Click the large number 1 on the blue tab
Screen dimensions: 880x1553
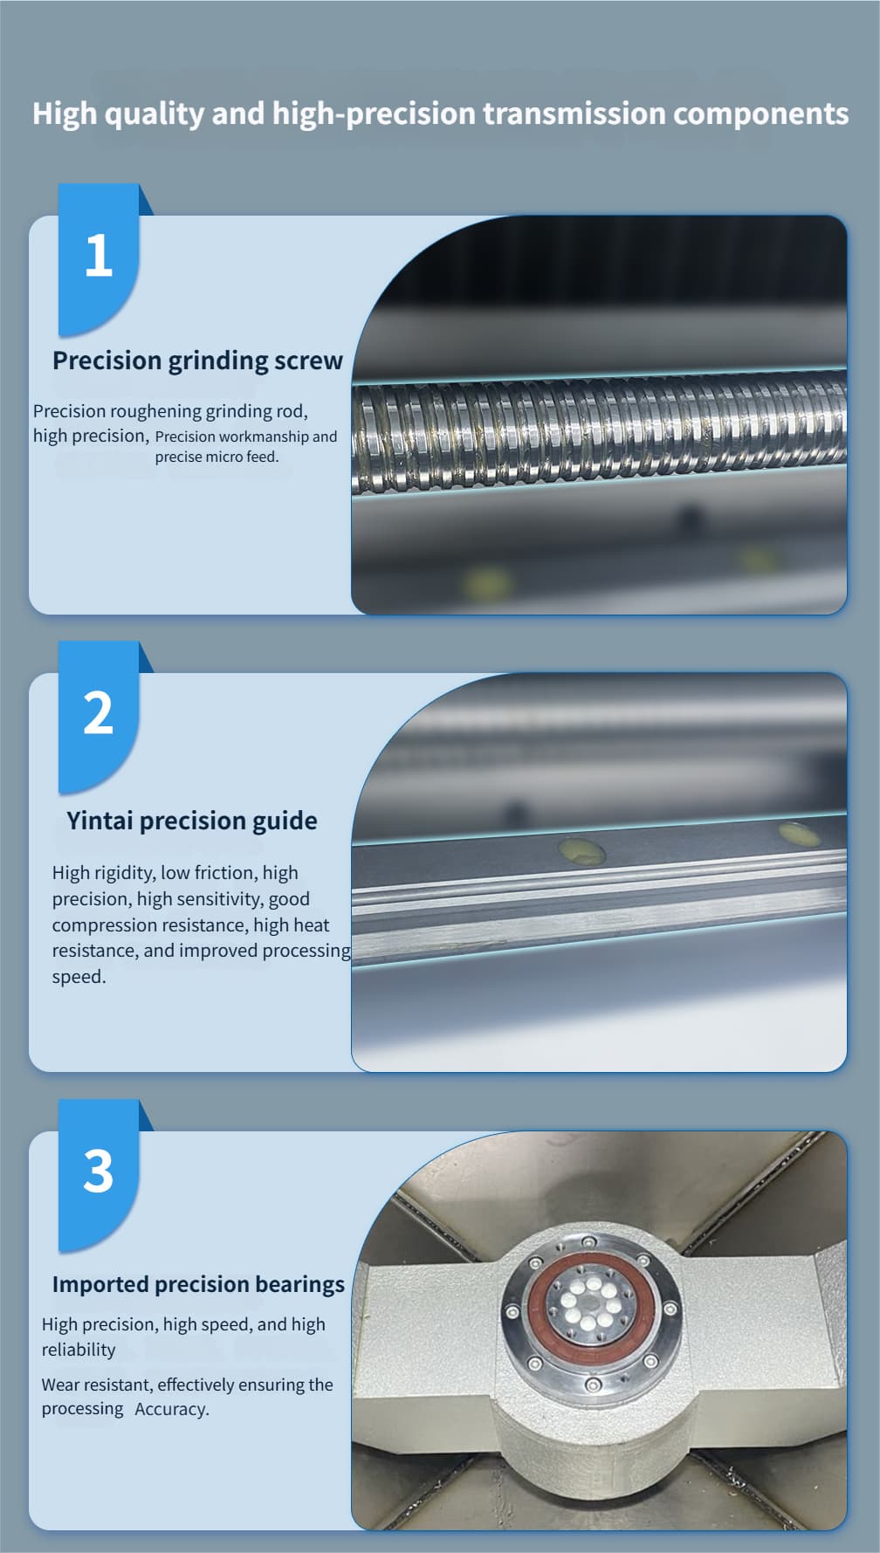click(x=99, y=255)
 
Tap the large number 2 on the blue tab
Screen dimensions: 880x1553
click(x=99, y=712)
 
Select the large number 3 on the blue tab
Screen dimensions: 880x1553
click(x=99, y=1171)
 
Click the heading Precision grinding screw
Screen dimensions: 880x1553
click(x=197, y=361)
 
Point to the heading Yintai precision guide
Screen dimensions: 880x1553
click(x=192, y=821)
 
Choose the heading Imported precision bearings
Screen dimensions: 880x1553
click(x=198, y=1284)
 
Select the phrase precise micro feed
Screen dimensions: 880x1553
click(x=217, y=457)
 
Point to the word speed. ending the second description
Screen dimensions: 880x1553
click(x=79, y=977)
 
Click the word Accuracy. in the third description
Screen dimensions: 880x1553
click(x=172, y=1409)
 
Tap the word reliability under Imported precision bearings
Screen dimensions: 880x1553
click(x=79, y=1350)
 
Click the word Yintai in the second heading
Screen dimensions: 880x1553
click(x=100, y=821)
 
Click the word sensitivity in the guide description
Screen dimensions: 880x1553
click(x=217, y=899)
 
